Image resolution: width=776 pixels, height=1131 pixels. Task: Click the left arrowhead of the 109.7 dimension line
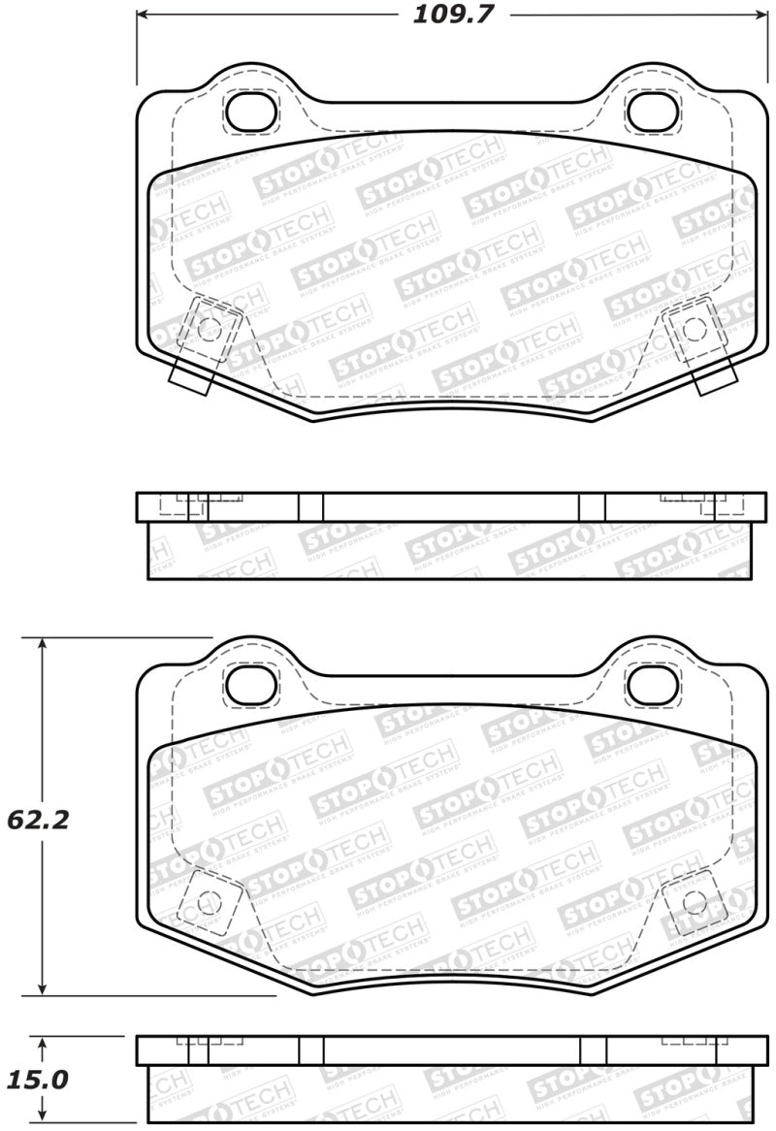(x=142, y=15)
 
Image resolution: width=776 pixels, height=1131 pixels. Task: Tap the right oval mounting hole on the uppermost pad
(x=649, y=113)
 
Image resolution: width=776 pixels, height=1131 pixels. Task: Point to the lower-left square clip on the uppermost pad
(x=210, y=327)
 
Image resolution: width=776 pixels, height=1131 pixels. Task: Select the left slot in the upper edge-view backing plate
(x=310, y=507)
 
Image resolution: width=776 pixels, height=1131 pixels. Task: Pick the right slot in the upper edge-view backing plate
(x=591, y=507)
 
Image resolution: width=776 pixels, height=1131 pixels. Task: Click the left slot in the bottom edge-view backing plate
(x=310, y=1050)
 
